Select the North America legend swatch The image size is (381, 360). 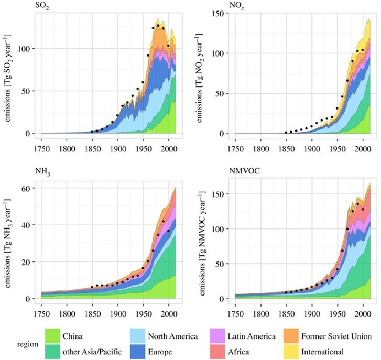[x=140, y=336]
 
